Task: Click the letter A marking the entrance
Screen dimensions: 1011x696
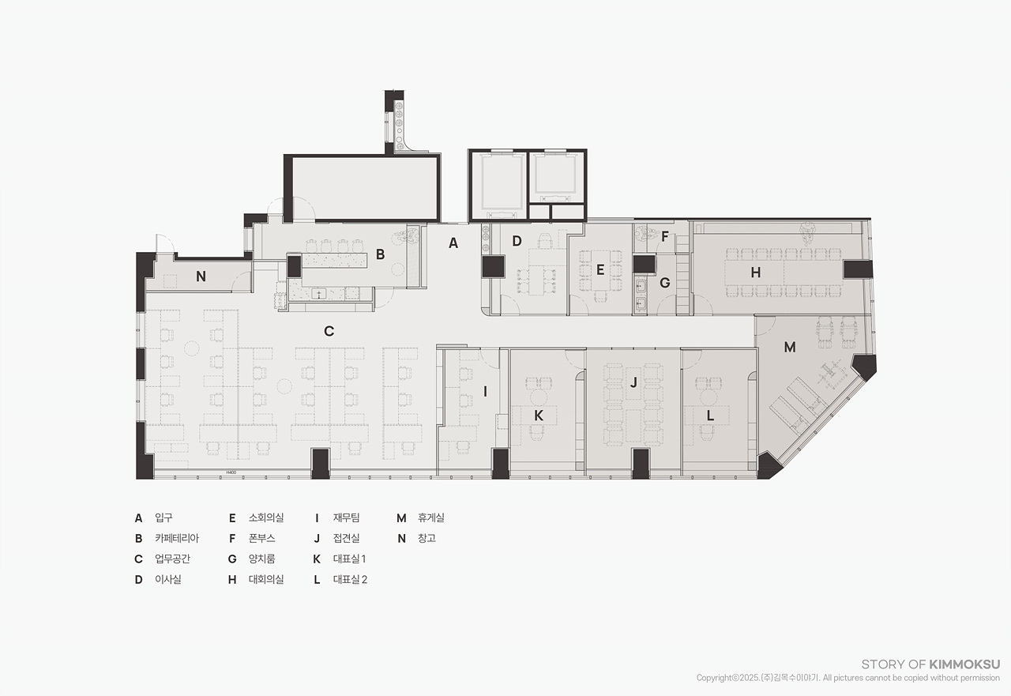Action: coord(453,243)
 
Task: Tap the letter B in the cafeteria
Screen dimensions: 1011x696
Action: coord(381,254)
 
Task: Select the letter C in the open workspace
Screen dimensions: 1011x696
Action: coord(329,331)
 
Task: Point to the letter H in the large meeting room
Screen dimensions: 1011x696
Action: coord(756,273)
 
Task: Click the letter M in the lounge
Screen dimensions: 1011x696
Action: coord(790,347)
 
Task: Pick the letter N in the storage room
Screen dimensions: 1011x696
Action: coord(201,277)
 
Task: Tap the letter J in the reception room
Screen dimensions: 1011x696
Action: coord(633,382)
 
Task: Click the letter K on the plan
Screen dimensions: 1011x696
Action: coord(539,416)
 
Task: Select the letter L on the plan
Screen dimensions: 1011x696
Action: coord(710,416)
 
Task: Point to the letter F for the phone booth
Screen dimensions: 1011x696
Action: coord(665,236)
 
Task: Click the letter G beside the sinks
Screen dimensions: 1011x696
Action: coord(665,283)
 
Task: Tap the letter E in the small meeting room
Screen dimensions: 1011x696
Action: coord(600,270)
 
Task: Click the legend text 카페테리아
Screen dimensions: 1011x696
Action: coord(177,538)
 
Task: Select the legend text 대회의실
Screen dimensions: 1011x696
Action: coord(266,579)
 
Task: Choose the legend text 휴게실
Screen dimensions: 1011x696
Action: coord(431,517)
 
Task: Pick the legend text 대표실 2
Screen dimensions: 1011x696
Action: coord(350,579)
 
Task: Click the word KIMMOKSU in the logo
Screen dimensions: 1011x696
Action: coord(964,664)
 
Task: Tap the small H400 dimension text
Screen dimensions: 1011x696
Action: coord(231,472)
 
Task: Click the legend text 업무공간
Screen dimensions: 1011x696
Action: coord(172,559)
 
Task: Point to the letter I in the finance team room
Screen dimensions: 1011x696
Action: coord(485,392)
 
